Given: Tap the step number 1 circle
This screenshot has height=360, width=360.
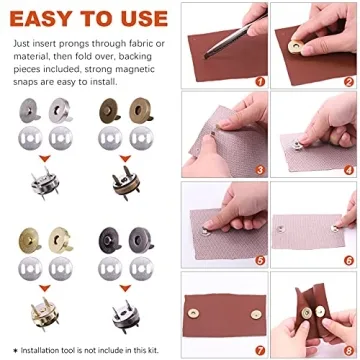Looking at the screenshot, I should click(260, 81).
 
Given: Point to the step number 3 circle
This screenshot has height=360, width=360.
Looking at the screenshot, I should click(260, 170).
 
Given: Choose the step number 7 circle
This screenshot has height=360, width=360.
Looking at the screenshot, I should click(260, 348).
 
